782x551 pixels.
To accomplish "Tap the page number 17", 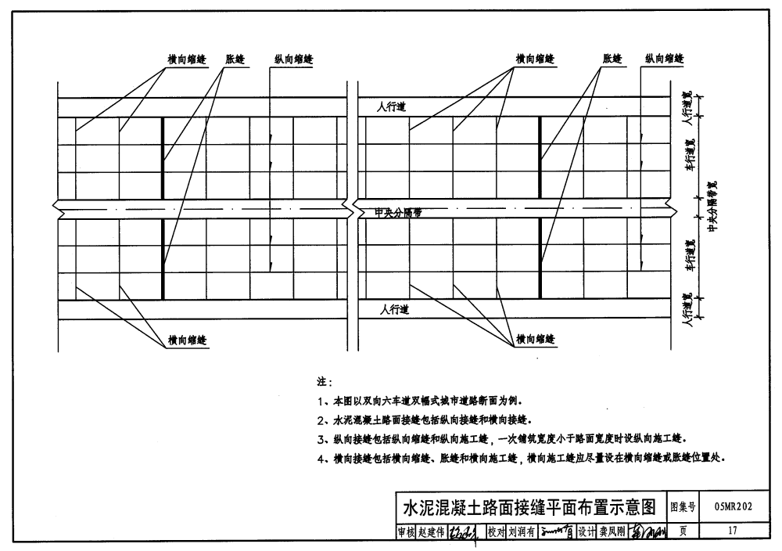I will (732, 531).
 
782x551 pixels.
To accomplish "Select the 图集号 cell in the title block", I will (683, 506).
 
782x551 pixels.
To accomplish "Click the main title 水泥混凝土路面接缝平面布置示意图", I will (528, 506).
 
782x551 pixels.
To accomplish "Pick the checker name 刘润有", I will (521, 532).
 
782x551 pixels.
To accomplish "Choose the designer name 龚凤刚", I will (612, 532).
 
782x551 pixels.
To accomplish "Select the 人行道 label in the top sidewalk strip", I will (392, 106).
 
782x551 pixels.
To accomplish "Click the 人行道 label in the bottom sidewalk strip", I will (393, 311).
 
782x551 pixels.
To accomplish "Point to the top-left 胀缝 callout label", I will (235, 59).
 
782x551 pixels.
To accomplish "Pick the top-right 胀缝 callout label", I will (612, 59).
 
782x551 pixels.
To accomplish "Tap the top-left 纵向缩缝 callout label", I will (293, 59).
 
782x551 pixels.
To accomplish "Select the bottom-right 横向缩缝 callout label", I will (535, 340).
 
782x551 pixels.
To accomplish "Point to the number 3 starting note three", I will (321, 440).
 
